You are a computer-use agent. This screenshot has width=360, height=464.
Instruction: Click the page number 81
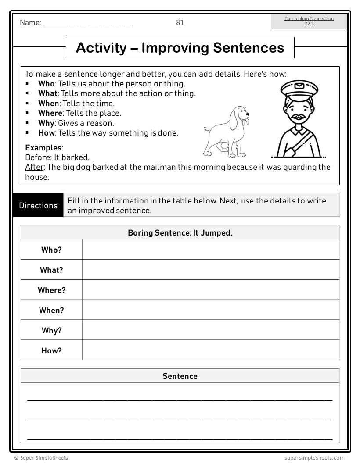[x=180, y=23]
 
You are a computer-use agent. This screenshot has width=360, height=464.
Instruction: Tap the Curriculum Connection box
[x=309, y=21]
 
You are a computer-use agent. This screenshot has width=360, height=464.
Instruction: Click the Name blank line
[x=88, y=25]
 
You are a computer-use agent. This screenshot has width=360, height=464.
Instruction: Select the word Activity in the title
[x=101, y=47]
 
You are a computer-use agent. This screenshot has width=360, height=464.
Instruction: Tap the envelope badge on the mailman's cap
[x=299, y=86]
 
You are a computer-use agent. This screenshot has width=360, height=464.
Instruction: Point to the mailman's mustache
[x=299, y=117]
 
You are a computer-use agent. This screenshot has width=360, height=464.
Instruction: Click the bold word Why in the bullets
[x=46, y=123]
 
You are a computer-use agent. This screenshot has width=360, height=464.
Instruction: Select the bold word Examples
[x=43, y=148]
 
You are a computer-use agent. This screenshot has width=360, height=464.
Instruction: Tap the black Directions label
[x=38, y=205]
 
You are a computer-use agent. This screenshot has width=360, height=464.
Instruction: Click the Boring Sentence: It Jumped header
[x=180, y=233]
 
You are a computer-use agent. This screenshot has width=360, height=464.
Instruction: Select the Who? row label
[x=51, y=250]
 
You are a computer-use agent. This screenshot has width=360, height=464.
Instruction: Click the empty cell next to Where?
[x=211, y=290]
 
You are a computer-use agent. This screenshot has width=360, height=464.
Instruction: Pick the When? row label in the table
[x=51, y=311]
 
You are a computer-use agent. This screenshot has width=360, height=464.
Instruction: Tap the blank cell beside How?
[x=211, y=350]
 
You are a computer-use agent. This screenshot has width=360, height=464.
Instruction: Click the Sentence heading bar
[x=180, y=376]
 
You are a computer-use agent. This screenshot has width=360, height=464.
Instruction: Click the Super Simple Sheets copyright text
[x=41, y=458]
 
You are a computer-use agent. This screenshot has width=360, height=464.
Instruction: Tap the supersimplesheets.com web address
[x=314, y=458]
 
